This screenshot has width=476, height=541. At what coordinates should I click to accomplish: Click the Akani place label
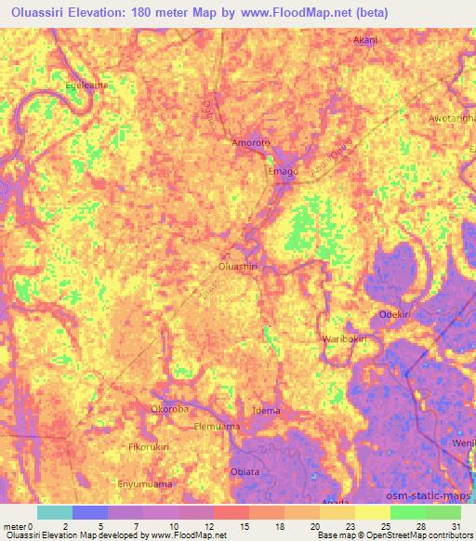tap(365, 41)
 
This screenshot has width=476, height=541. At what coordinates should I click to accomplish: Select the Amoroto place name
tap(252, 143)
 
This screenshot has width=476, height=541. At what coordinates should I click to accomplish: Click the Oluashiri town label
tap(237, 267)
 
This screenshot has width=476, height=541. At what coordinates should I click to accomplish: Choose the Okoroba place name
tap(170, 408)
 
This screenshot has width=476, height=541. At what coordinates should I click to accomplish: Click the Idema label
tap(267, 411)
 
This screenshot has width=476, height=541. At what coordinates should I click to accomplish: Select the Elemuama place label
tap(216, 427)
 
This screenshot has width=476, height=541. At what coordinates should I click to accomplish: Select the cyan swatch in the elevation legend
tap(54, 512)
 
